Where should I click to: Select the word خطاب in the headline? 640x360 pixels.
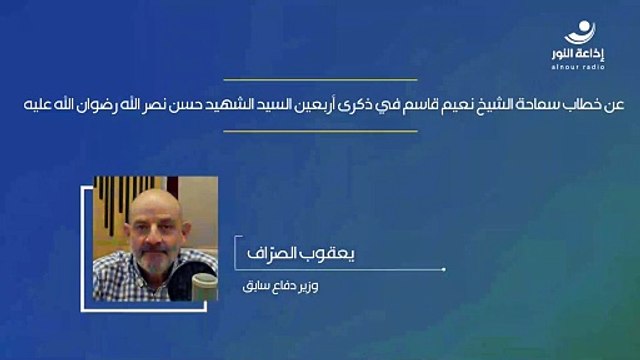(x=572, y=104)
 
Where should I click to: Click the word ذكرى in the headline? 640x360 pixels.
(x=362, y=104)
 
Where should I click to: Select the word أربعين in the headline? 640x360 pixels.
(x=318, y=104)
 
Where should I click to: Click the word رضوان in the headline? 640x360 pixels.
(x=102, y=104)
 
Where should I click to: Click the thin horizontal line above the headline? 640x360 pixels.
(x=320, y=79)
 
